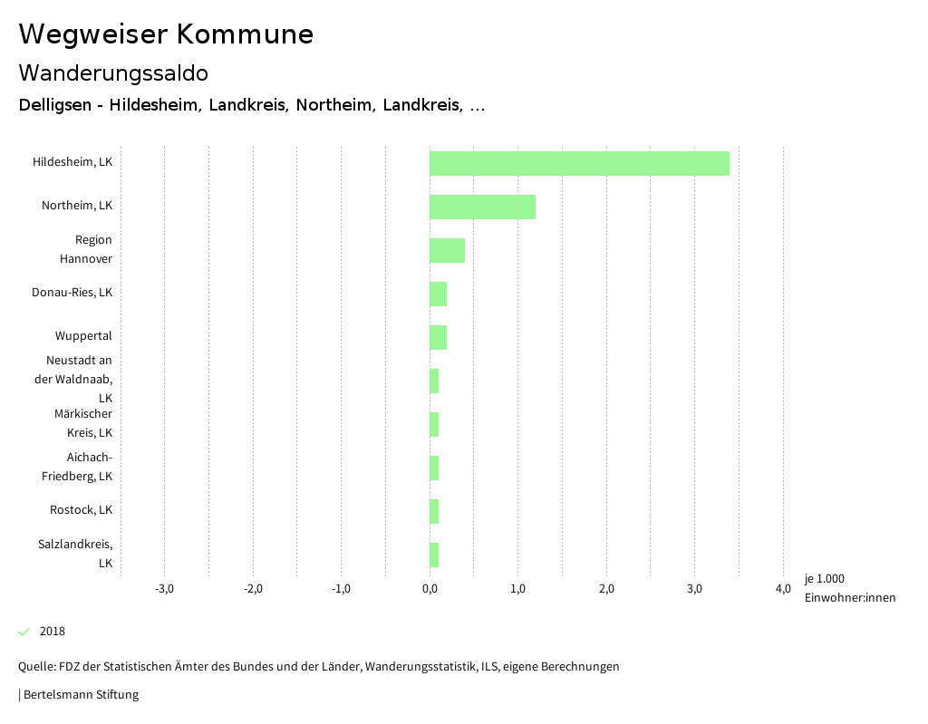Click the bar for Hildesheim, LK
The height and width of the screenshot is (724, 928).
click(x=579, y=163)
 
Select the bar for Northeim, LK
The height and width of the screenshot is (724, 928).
click(x=482, y=207)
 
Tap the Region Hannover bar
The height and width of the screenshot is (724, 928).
click(x=447, y=250)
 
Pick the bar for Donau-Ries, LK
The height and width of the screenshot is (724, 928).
click(x=438, y=294)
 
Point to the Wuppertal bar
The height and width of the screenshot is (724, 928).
click(x=438, y=337)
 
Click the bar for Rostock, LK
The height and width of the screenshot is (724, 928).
click(x=434, y=511)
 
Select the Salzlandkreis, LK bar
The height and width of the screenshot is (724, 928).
click(x=434, y=555)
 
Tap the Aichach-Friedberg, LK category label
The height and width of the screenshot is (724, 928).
click(x=78, y=467)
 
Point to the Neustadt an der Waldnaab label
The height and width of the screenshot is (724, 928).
click(x=74, y=379)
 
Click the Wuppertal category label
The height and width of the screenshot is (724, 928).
click(x=83, y=336)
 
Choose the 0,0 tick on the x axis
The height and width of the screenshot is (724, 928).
click(x=430, y=589)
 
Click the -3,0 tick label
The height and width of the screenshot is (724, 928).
click(x=164, y=589)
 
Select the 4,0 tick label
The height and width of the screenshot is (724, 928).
click(x=783, y=589)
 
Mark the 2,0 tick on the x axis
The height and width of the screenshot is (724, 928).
click(x=606, y=589)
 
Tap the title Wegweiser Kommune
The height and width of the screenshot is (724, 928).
click(x=166, y=34)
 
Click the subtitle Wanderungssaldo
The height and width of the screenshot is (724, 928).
click(x=113, y=72)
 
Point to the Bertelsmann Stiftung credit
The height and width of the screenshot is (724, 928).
click(x=80, y=695)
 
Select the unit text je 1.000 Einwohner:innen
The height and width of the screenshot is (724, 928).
click(x=849, y=588)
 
